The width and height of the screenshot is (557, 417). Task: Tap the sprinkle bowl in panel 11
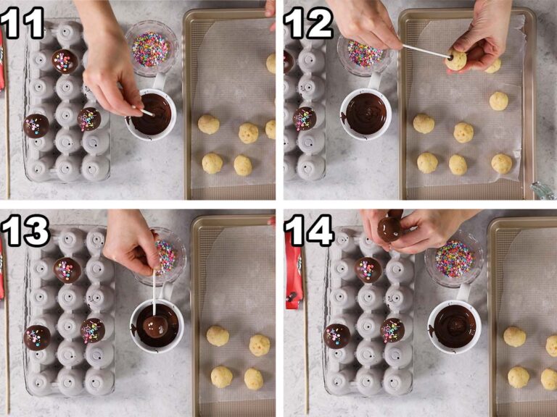[151, 48]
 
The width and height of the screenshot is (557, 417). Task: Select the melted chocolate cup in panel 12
[366, 113]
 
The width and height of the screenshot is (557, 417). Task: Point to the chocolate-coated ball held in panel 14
[390, 228]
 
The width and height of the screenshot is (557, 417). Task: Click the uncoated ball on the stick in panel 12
[456, 60]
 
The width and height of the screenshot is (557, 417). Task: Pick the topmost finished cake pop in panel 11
[65, 61]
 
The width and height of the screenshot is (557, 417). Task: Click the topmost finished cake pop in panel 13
[67, 269]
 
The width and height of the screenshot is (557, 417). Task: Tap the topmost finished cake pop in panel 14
[368, 269]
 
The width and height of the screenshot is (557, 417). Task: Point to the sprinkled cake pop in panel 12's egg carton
[305, 118]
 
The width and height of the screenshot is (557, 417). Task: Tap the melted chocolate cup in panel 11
[153, 114]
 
